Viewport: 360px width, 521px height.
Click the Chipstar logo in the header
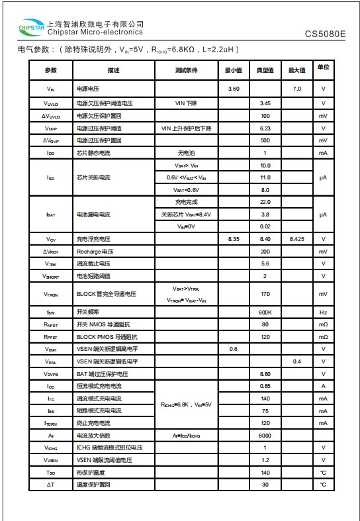(x=32, y=28)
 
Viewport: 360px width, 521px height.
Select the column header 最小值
(x=233, y=70)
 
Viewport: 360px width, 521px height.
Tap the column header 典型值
(x=265, y=70)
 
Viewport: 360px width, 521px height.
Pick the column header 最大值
(x=296, y=70)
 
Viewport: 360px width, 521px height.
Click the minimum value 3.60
(x=233, y=89)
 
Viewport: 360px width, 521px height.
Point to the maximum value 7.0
(x=296, y=89)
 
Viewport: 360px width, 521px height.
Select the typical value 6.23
(x=265, y=128)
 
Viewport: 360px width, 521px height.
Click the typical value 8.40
(x=265, y=239)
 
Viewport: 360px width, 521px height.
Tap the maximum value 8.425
(x=296, y=239)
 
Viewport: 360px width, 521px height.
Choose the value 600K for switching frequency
(x=265, y=312)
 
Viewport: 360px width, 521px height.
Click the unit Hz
(x=324, y=312)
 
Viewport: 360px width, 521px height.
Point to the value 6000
(x=265, y=436)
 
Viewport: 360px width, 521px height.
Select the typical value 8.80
(x=265, y=374)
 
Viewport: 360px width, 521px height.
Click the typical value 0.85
(x=265, y=386)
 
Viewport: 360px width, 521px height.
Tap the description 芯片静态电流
(x=93, y=153)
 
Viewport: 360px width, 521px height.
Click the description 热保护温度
(x=91, y=473)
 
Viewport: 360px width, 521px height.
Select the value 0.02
(x=265, y=226)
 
